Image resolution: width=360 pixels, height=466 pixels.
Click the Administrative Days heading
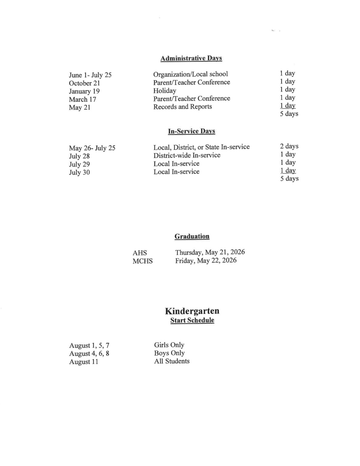coord(191,58)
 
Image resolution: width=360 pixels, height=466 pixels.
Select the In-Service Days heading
coord(191,131)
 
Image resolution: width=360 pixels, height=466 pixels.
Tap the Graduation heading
coord(192,236)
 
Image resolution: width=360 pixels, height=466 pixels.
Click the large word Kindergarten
coord(192,311)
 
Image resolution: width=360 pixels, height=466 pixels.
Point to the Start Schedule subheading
coord(192,320)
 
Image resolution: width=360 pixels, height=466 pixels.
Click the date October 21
coord(84,83)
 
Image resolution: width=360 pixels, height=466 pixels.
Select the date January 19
coord(84,91)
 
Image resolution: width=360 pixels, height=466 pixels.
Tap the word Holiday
coord(164,90)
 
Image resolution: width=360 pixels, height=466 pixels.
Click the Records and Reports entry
coord(182,107)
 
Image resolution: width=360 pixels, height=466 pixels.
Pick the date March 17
coord(82,100)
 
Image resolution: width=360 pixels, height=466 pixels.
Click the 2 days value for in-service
coord(289,146)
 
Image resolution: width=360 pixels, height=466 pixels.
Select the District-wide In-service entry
coord(187,155)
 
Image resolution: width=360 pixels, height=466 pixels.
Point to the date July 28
coord(79,156)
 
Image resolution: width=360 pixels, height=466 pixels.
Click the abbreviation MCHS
coord(143,261)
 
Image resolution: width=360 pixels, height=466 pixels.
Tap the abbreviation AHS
coord(140,253)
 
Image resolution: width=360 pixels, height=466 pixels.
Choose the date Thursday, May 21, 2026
coord(210,252)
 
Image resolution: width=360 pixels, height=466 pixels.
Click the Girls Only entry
coord(169,345)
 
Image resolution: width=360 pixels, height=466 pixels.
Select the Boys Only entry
coord(169,353)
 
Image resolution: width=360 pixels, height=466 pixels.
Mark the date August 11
coord(83,362)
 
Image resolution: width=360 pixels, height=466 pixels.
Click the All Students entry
coord(172,361)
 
